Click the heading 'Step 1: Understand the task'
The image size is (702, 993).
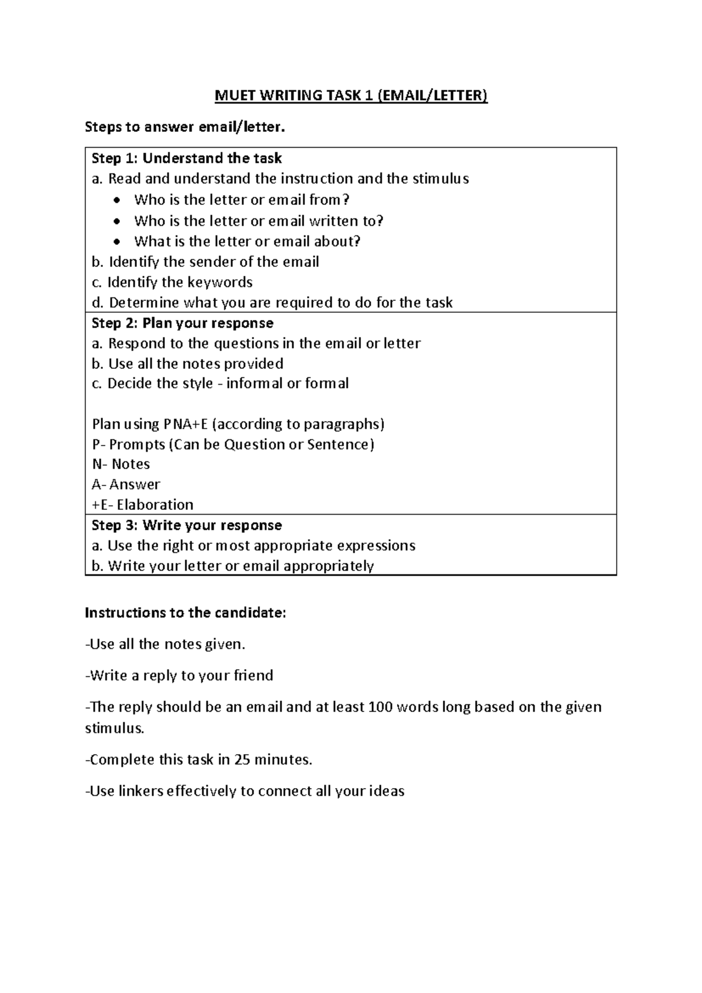click(x=187, y=158)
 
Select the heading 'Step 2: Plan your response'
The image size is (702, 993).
click(x=183, y=323)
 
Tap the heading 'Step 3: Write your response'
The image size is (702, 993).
click(x=187, y=525)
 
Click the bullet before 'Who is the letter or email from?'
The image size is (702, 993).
click(x=118, y=200)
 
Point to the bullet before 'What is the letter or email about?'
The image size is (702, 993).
click(x=118, y=242)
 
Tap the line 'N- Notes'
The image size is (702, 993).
click(x=121, y=464)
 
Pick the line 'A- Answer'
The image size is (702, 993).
click(x=126, y=484)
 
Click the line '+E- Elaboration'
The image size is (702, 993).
click(x=143, y=505)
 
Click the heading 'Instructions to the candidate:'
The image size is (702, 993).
click(x=185, y=613)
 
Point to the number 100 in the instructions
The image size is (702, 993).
click(x=381, y=707)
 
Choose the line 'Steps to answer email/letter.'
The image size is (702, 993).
click(x=185, y=127)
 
